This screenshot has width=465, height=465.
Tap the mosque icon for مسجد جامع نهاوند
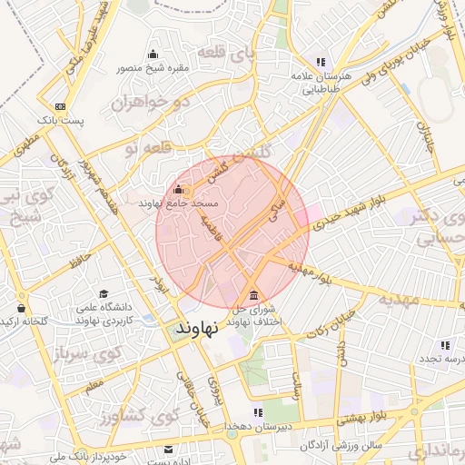pyautogui.click(x=177, y=191)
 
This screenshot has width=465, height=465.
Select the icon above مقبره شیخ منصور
pyautogui.click(x=152, y=54)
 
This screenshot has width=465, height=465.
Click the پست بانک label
pyautogui.click(x=60, y=119)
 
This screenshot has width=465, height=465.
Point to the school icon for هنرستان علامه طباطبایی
pyautogui.click(x=318, y=53)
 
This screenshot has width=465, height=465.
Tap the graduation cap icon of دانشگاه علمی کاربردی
pyautogui.click(x=104, y=295)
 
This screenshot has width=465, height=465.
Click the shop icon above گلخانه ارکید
pyautogui.click(x=21, y=308)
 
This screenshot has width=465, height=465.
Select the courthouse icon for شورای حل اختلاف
pyautogui.click(x=252, y=296)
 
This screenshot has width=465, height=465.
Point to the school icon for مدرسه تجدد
pyautogui.click(x=445, y=345)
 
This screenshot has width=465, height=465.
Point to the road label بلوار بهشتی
pyautogui.click(x=362, y=419)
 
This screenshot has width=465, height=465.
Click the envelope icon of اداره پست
pyautogui.click(x=168, y=450)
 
